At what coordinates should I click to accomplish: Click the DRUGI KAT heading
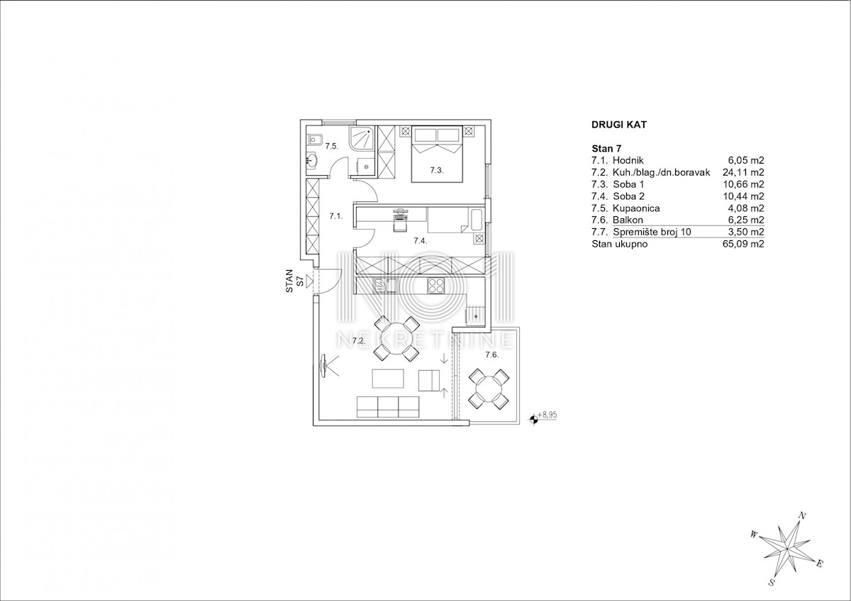click(619, 125)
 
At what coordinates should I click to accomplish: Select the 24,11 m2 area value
click(743, 172)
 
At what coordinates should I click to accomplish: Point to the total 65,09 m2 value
click(743, 244)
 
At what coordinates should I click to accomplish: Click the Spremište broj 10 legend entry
click(652, 232)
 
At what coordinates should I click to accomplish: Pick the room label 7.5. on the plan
click(332, 146)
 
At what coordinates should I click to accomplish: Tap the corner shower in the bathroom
click(363, 139)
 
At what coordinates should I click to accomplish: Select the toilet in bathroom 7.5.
click(316, 140)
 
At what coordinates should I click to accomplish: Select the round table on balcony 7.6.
click(489, 389)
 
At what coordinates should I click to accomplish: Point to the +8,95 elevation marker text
click(547, 415)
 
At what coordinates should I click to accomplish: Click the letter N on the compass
click(802, 515)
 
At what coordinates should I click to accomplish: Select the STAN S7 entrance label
click(294, 281)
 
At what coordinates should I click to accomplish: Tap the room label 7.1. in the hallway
click(336, 216)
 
